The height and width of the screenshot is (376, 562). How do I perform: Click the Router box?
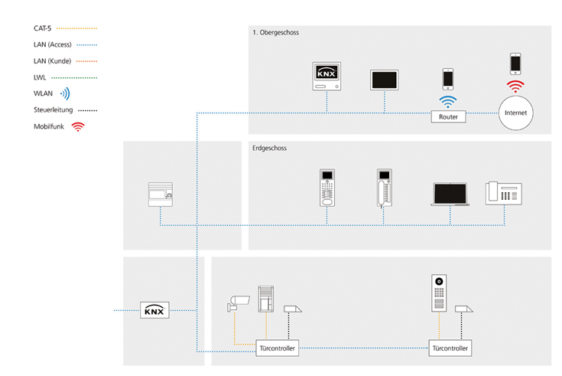point(448,118)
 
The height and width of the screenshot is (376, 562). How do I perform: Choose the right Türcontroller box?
point(450,348)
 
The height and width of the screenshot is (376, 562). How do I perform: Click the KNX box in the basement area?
point(154,311)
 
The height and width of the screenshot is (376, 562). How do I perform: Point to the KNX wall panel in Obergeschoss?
point(326,77)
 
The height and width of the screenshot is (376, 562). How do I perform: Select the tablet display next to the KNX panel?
point(385,80)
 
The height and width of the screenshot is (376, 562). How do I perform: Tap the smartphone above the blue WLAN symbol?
point(448,79)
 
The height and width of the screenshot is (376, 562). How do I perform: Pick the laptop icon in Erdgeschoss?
point(450,195)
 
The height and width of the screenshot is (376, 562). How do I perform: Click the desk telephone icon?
point(503,194)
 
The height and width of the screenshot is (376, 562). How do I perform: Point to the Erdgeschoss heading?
point(269,148)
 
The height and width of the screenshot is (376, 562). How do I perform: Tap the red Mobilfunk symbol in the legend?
point(77,127)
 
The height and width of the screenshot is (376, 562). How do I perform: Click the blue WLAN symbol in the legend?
point(65,94)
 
